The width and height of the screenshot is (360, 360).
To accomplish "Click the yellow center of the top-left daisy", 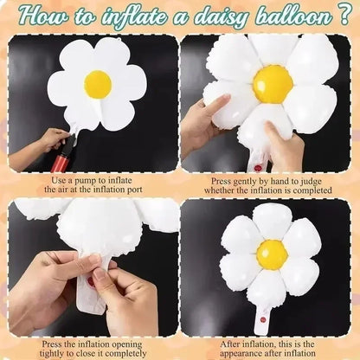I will tap(97, 84).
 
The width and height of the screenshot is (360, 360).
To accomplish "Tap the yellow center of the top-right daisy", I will tap(273, 84).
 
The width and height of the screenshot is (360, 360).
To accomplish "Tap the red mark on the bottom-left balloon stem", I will tap(89, 280).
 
